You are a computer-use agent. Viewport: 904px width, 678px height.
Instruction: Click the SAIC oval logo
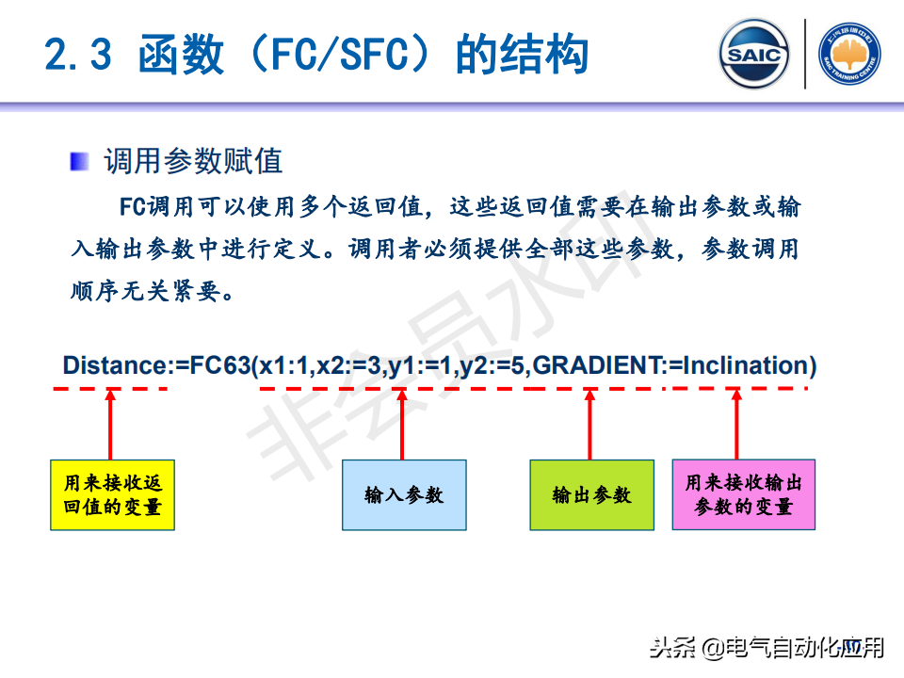(753, 55)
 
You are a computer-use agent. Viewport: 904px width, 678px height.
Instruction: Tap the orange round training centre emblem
(848, 55)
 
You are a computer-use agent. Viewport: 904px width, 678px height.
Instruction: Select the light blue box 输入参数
(404, 494)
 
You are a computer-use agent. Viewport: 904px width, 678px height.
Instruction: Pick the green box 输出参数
(591, 494)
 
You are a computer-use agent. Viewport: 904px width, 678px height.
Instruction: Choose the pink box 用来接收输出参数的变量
(743, 494)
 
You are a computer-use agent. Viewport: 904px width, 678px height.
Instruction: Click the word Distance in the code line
(114, 365)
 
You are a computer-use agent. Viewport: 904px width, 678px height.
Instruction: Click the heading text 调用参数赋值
(193, 161)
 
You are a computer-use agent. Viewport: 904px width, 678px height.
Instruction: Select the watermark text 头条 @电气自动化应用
(767, 648)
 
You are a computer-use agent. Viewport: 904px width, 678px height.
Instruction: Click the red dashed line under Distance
(114, 388)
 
